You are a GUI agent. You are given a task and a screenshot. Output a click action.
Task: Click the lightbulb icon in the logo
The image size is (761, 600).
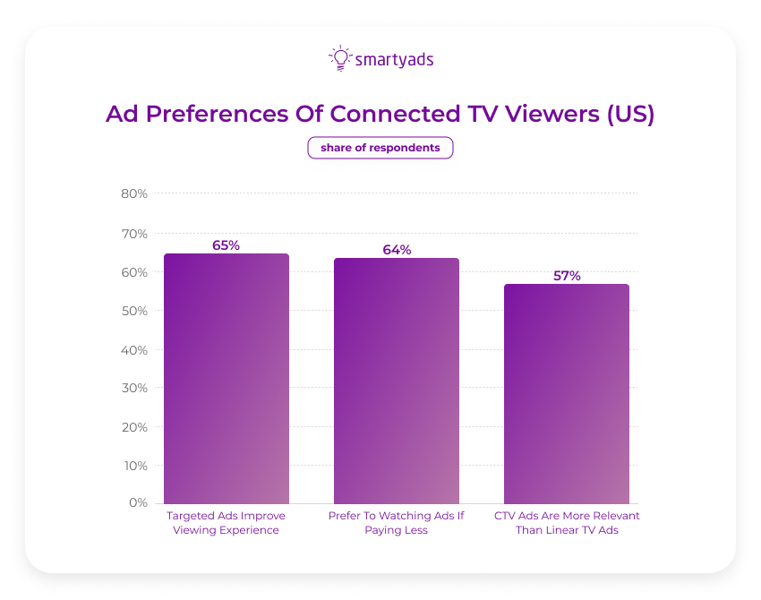[x=340, y=58]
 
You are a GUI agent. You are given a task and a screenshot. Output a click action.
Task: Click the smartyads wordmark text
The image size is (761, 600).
[x=394, y=60]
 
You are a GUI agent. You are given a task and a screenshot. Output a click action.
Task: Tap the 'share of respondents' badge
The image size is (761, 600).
[x=380, y=148]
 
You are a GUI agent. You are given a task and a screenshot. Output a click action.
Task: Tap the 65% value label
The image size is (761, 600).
[x=226, y=244]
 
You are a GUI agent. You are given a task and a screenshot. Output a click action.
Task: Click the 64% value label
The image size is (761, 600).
[x=397, y=249]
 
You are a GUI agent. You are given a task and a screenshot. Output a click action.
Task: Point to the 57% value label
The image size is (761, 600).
[x=567, y=275]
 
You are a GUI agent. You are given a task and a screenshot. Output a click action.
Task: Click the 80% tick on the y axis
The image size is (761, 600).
[x=134, y=193]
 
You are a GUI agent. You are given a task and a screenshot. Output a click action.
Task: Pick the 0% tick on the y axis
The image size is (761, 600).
[x=137, y=503]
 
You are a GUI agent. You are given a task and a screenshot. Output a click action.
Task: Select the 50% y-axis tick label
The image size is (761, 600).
[x=134, y=311]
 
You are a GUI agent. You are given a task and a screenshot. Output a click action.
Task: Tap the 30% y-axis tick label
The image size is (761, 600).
[x=134, y=388]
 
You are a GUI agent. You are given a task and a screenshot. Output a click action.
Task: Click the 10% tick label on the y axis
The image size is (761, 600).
[x=134, y=465]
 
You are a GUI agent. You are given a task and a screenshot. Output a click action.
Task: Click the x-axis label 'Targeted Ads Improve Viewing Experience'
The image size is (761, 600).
[x=227, y=523]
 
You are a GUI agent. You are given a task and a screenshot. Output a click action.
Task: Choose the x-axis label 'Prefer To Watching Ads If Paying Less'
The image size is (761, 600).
[x=397, y=523]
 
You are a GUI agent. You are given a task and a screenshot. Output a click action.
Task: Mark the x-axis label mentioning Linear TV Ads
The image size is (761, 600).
[x=567, y=523]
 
